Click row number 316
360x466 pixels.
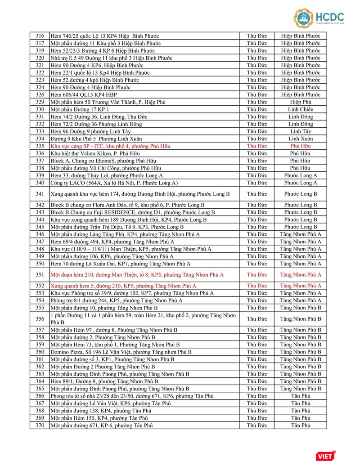[40, 36]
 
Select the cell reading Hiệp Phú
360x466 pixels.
[300, 102]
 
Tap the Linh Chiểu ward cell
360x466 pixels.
[300, 109]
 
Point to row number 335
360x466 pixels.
[40, 146]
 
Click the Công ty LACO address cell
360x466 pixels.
[114, 183]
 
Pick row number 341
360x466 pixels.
[40, 194]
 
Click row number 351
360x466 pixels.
[40, 274]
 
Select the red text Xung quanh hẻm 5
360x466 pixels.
[123, 286]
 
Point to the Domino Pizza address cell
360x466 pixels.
[121, 352]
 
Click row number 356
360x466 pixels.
[40, 319]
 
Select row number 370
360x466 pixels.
[40, 425]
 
